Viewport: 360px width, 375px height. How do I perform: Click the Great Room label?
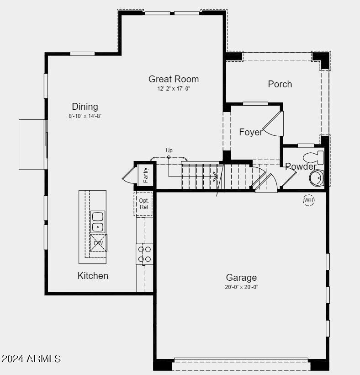coord(174,79)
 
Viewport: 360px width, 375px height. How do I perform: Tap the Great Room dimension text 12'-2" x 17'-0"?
coord(174,89)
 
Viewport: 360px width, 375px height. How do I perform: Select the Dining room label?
coord(85,107)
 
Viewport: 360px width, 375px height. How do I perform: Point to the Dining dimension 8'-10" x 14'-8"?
coord(85,116)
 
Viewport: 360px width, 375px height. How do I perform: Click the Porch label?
coord(280,84)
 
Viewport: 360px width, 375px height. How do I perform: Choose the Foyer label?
coord(251,132)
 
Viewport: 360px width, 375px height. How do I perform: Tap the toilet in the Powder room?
coord(313,157)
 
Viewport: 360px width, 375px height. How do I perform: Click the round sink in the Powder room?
coord(317,178)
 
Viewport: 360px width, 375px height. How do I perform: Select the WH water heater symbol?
coord(309,200)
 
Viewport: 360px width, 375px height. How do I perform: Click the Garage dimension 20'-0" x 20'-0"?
coord(241,287)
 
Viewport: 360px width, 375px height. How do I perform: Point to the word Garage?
coord(241,278)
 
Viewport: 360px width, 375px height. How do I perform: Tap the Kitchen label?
coord(93,276)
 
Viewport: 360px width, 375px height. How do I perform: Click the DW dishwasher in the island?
coord(98,243)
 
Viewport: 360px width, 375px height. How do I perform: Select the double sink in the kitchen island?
coord(97,222)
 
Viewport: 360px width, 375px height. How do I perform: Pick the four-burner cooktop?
coord(144,254)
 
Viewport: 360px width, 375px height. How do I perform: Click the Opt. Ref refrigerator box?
coord(143,204)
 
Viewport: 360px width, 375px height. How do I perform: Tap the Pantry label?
coord(146,175)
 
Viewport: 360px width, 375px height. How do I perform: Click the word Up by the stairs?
coord(169,150)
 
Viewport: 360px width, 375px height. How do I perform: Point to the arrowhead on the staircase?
coord(215,177)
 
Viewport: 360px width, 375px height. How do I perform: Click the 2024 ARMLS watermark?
coord(31,359)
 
